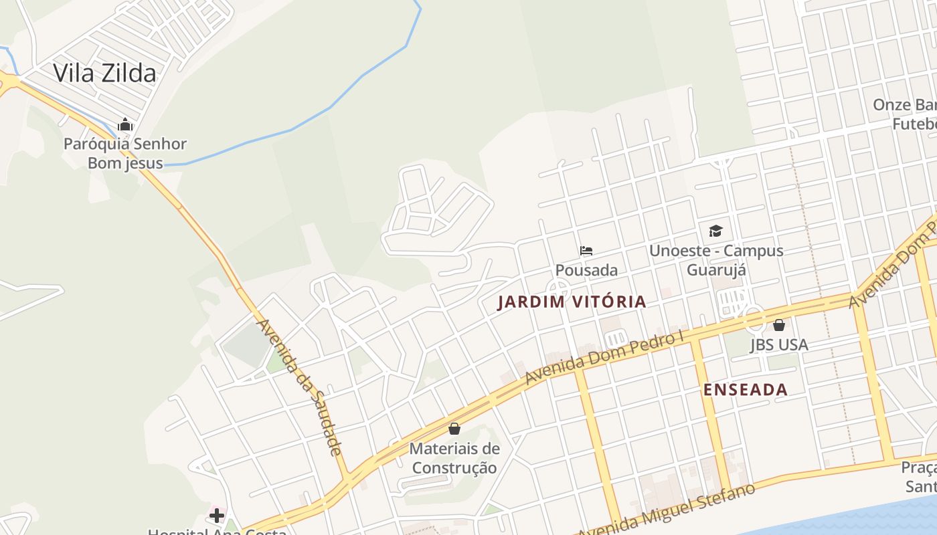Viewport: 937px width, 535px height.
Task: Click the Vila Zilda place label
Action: pyautogui.click(x=104, y=73)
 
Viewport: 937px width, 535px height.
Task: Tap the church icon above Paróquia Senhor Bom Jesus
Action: pyautogui.click(x=125, y=125)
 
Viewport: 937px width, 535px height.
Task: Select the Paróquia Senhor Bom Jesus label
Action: pyautogui.click(x=125, y=153)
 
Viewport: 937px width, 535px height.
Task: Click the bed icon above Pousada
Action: pyautogui.click(x=586, y=251)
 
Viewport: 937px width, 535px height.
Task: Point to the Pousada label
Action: pyautogui.click(x=586, y=270)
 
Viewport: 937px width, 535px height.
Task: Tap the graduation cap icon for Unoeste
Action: pyautogui.click(x=716, y=231)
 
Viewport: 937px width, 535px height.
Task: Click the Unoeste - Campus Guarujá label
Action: pyautogui.click(x=716, y=260)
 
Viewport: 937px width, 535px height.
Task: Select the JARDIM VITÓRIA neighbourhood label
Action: pyautogui.click(x=572, y=302)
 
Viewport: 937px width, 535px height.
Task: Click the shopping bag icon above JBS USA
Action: pyautogui.click(x=779, y=325)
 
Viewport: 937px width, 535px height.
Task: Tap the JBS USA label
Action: pyautogui.click(x=779, y=344)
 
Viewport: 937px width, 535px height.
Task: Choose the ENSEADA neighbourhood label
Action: pyautogui.click(x=746, y=390)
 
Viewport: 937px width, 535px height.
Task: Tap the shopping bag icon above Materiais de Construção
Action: pyautogui.click(x=454, y=429)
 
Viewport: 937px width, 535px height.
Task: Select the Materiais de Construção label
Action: pyautogui.click(x=454, y=457)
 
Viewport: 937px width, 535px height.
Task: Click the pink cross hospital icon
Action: pyautogui.click(x=217, y=516)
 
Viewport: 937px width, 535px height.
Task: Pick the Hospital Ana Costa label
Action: pyautogui.click(x=217, y=531)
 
